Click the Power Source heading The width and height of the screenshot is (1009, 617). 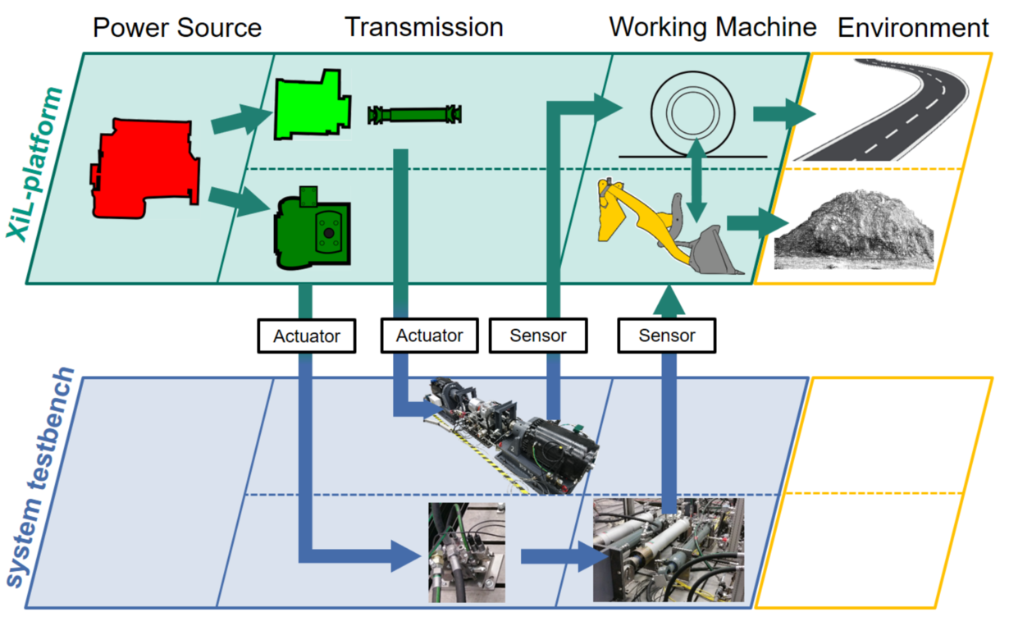pos(176,28)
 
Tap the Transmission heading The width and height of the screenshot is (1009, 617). pos(423,27)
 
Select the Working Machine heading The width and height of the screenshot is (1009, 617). pos(712,27)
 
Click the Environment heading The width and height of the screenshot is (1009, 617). pos(912,28)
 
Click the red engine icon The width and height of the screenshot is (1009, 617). pos(144,167)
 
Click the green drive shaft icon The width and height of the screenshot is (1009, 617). pos(415,114)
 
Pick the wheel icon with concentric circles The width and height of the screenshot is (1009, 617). pos(692,120)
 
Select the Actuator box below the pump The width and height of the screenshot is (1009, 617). pos(306,336)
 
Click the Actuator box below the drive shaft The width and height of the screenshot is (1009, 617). pos(429,336)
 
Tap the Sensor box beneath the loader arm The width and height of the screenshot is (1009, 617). pos(666,336)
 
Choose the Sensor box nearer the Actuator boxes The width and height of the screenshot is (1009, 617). pos(538,336)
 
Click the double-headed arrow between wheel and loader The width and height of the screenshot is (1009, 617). pos(696,181)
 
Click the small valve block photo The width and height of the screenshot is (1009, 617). pos(466,551)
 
